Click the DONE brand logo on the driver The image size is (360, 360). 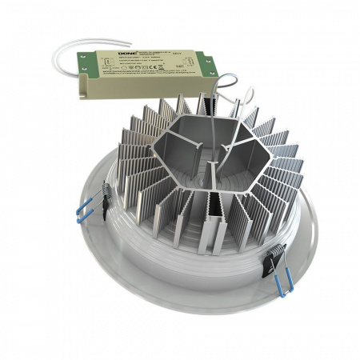coord(106,56)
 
